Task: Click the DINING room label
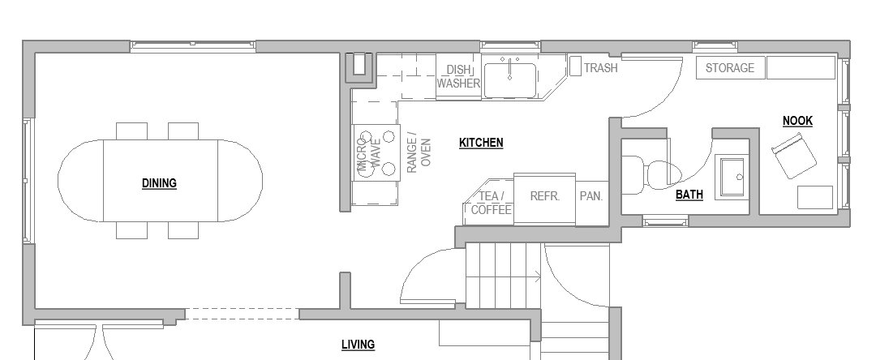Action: pos(159,183)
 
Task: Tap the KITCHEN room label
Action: pos(481,143)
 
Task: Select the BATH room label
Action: pos(689,195)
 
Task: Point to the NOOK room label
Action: pos(797,121)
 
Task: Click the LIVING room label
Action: pos(358,345)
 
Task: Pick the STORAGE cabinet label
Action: pos(729,68)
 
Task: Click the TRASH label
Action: pos(600,68)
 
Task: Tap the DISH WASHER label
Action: pos(459,77)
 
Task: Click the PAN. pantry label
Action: pos(591,196)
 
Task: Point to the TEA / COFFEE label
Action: pos(492,203)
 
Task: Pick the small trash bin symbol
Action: pos(573,66)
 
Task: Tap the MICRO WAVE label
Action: pos(369,152)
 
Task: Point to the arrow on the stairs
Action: pos(536,278)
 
